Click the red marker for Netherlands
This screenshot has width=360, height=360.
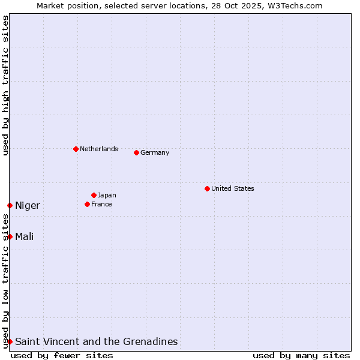point(76,149)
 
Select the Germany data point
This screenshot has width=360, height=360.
point(136,152)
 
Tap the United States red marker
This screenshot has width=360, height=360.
point(207,188)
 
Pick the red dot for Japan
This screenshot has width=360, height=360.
point(94,195)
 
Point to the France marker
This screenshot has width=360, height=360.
point(87,204)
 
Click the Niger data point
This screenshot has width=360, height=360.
point(10,205)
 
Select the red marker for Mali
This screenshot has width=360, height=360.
point(10,236)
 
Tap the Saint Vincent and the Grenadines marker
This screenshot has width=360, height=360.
point(10,341)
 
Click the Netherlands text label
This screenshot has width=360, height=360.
point(98,149)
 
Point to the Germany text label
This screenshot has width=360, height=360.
point(155,152)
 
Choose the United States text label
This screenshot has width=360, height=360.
point(232,188)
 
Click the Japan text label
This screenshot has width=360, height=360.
point(107,195)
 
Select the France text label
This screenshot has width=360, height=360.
point(101,204)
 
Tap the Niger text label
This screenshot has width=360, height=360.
point(28,206)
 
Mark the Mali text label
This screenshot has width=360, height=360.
point(25,236)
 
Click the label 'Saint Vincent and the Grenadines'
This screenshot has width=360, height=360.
point(96,341)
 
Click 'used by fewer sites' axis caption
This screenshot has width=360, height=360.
point(62,355)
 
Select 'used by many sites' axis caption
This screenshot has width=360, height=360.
point(301,355)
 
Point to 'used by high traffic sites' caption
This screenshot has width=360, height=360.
point(5,85)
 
